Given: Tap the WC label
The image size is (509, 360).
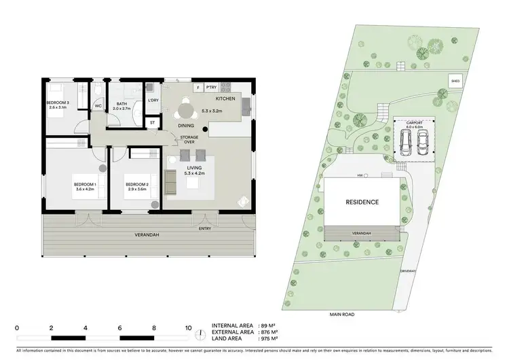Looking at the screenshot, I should click(98, 107).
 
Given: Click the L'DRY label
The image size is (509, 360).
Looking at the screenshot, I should click(153, 100).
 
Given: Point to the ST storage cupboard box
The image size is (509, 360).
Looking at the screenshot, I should click(152, 123).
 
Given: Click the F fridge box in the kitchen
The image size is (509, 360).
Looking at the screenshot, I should click(198, 88).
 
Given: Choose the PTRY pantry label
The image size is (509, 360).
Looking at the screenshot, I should click(211, 88).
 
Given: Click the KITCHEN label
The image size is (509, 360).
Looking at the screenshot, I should click(225, 99).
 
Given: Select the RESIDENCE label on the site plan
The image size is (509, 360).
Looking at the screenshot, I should click(362, 202).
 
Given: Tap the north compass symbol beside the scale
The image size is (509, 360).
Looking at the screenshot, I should click(202, 334).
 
